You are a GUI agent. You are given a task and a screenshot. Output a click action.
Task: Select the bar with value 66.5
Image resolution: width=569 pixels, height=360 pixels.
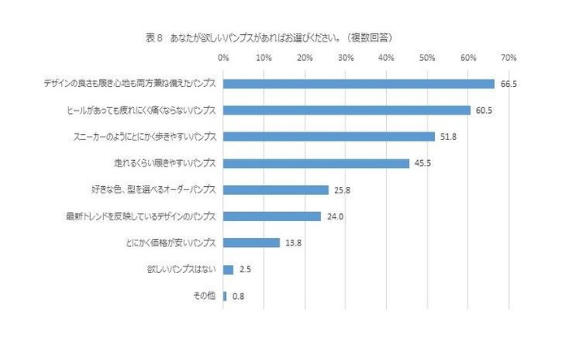point(358,84)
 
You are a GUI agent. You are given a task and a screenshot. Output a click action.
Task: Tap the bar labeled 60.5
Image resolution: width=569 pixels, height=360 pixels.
point(346,111)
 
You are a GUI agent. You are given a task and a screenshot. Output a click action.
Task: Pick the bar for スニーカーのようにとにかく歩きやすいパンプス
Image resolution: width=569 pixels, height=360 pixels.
point(328,137)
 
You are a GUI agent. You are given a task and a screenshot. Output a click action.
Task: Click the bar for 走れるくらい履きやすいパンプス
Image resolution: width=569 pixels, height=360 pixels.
point(315,163)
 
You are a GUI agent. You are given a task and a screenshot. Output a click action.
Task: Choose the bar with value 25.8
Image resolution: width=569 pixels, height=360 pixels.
point(276,190)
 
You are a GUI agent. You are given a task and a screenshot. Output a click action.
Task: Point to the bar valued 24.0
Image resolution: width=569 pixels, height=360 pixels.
point(271,216)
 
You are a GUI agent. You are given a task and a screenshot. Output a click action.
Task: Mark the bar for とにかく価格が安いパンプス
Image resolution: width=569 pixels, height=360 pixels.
point(251,243)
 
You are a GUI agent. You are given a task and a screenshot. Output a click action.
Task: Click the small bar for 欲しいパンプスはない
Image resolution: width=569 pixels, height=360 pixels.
point(228,269)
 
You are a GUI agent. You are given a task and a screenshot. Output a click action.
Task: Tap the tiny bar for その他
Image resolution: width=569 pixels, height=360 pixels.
point(224,296)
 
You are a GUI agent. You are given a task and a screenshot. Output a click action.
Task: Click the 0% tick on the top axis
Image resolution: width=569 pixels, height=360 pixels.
point(224,59)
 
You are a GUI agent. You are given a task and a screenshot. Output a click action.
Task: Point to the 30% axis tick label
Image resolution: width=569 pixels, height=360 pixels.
point(345,59)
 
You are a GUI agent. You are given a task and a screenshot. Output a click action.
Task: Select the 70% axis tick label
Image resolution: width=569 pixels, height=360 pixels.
point(509,59)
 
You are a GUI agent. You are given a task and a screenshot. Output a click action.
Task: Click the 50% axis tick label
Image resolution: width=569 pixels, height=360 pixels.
point(427,59)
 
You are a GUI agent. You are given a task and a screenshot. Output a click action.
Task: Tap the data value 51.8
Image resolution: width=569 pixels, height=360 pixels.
point(448,137)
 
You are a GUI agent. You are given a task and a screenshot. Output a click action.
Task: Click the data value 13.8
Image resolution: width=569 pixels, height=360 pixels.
point(293,243)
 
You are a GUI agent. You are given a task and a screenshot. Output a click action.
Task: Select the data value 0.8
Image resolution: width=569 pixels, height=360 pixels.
point(238,297)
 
